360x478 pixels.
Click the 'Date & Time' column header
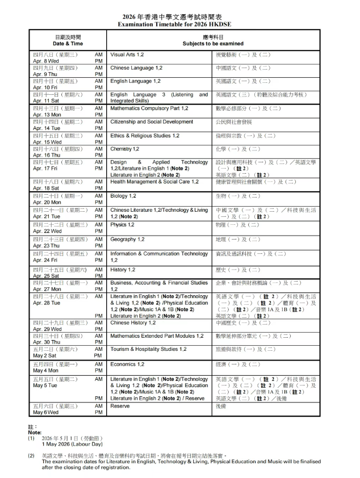tap(68, 44)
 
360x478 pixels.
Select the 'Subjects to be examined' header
tap(213, 44)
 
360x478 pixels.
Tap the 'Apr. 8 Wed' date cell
tap(46, 61)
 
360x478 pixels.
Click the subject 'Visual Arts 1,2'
tap(127, 54)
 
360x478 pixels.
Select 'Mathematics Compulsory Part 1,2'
tap(149, 108)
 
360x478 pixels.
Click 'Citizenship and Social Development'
tap(152, 121)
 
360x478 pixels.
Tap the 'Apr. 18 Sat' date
tap(47, 188)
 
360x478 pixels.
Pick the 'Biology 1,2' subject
tap(123, 196)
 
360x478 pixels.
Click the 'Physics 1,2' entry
tap(123, 225)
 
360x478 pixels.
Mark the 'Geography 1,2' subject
tap(128, 240)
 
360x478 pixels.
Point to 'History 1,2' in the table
tap(123, 270)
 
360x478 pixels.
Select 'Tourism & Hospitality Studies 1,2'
tap(148, 349)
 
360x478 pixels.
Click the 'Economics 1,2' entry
tap(127, 364)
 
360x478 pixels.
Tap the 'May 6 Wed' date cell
tap(46, 413)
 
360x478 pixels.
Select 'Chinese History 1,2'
tap(133, 322)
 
